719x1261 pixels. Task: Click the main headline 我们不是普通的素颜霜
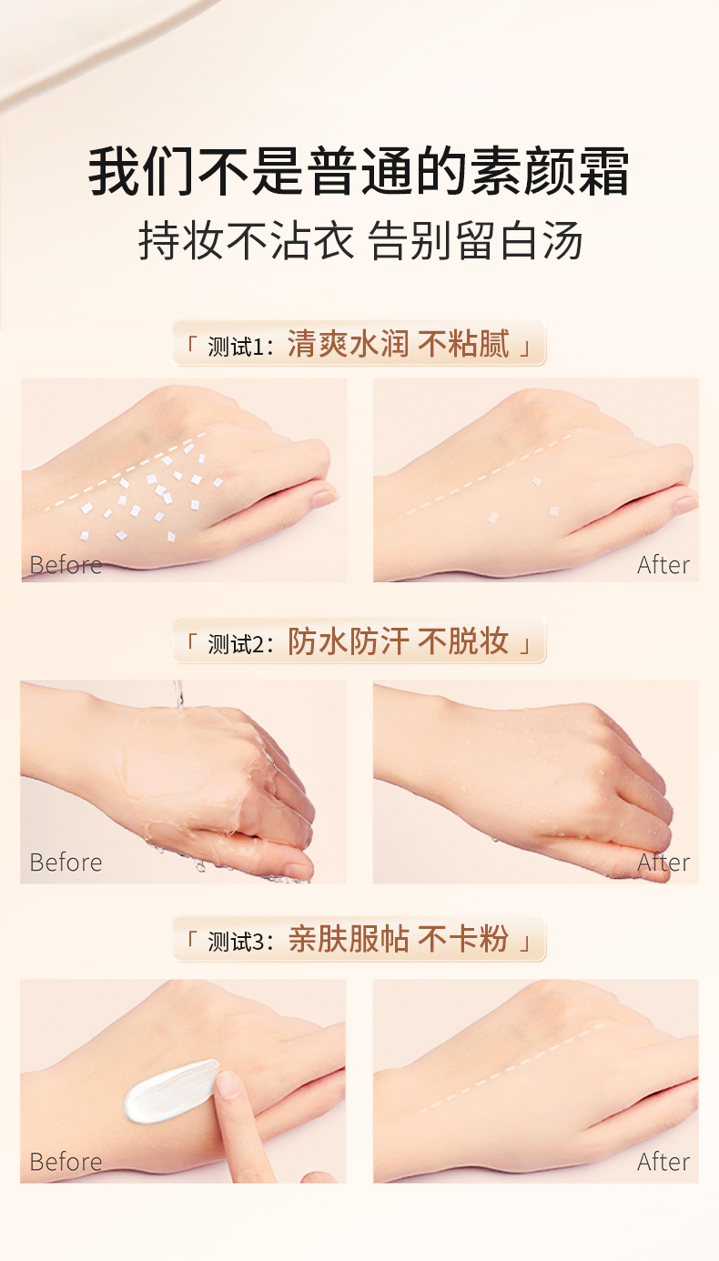pos(359,171)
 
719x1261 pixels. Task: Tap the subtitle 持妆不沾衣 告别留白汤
pos(360,240)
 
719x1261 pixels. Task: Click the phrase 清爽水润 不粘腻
pos(398,343)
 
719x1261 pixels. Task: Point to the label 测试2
pos(236,644)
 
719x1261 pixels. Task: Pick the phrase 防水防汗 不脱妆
pos(398,641)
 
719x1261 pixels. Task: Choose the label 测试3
pos(236,942)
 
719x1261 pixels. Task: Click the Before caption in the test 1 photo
pos(66,565)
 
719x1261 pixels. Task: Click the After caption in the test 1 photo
pos(663,565)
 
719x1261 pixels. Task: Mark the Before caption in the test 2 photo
pos(66,862)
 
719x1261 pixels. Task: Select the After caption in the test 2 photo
pos(663,862)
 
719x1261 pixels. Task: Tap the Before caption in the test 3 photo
pos(66,1161)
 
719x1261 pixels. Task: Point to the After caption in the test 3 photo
pos(663,1161)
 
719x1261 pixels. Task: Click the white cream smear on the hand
pos(169,1091)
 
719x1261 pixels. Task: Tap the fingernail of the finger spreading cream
pos(229,1084)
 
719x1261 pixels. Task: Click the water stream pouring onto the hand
pos(178,695)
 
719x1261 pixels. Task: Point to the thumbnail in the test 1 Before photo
pos(325,497)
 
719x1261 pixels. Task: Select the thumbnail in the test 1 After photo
pos(685,504)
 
